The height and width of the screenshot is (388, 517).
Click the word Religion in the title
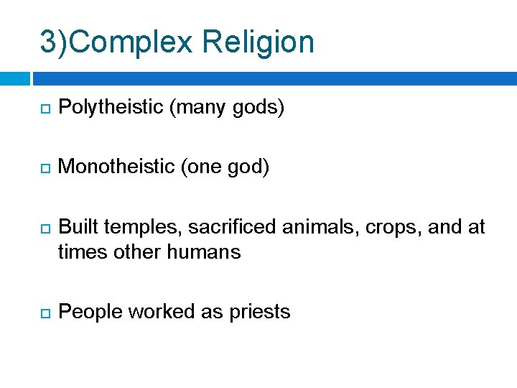click(x=258, y=42)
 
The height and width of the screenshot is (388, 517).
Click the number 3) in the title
click(x=55, y=42)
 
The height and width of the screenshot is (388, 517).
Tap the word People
click(x=85, y=312)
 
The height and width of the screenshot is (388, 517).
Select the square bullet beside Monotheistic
click(x=44, y=168)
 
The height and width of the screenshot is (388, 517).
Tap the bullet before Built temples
click(x=44, y=228)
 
